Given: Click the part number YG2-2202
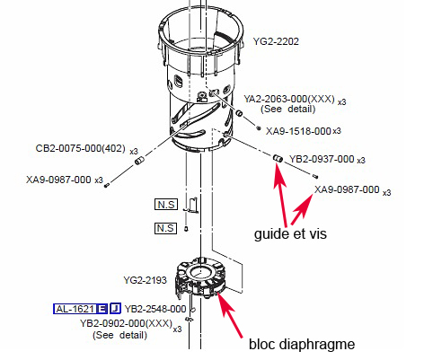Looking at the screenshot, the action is [x=276, y=41].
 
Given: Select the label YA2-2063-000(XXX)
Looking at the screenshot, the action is [x=289, y=99].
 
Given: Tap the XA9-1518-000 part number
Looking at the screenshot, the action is [x=298, y=131].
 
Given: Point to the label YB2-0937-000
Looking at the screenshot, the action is [x=322, y=159].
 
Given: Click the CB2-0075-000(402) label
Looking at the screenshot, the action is [x=80, y=148].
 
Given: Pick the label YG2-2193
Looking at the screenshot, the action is [x=145, y=280].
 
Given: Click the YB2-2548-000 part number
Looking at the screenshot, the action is [x=155, y=309].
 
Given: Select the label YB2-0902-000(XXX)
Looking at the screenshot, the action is [x=126, y=323].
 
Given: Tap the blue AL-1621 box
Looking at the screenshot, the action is [x=75, y=309].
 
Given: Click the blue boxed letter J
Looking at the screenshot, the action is [x=115, y=308].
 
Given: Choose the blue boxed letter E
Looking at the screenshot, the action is [x=102, y=309].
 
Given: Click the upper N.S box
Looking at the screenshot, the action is [x=166, y=205].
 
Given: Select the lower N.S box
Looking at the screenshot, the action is [x=165, y=228].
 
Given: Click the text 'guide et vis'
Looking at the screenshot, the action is [x=290, y=233].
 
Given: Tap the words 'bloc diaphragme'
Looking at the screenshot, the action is [x=302, y=344].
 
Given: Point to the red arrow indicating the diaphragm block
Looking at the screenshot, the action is [x=230, y=315].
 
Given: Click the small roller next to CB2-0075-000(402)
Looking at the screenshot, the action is [x=139, y=161].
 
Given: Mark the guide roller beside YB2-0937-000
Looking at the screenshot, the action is [x=278, y=158].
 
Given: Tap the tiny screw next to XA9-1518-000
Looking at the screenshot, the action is [x=259, y=128].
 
